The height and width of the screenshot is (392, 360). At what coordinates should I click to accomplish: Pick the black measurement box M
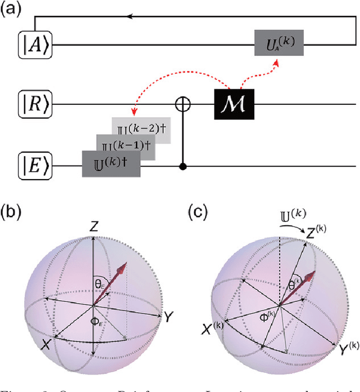[x=233, y=104]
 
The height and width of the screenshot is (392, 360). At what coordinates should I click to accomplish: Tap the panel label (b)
[x=13, y=212]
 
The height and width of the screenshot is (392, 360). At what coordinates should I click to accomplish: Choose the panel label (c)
[x=199, y=212]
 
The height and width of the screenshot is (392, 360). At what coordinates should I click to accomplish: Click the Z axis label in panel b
[x=94, y=226]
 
